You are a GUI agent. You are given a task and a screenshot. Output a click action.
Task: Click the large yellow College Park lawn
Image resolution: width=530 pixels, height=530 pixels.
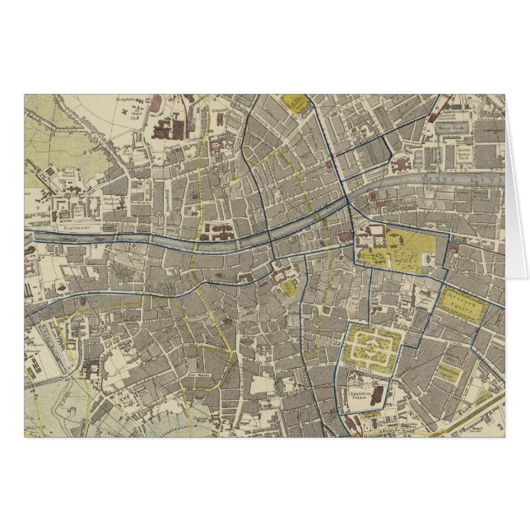click(x=403, y=251)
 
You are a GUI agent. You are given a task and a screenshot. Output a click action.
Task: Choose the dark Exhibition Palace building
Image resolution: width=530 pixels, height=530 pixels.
click(x=375, y=396)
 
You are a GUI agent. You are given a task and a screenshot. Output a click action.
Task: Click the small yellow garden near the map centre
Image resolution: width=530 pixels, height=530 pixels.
click(x=290, y=288)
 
